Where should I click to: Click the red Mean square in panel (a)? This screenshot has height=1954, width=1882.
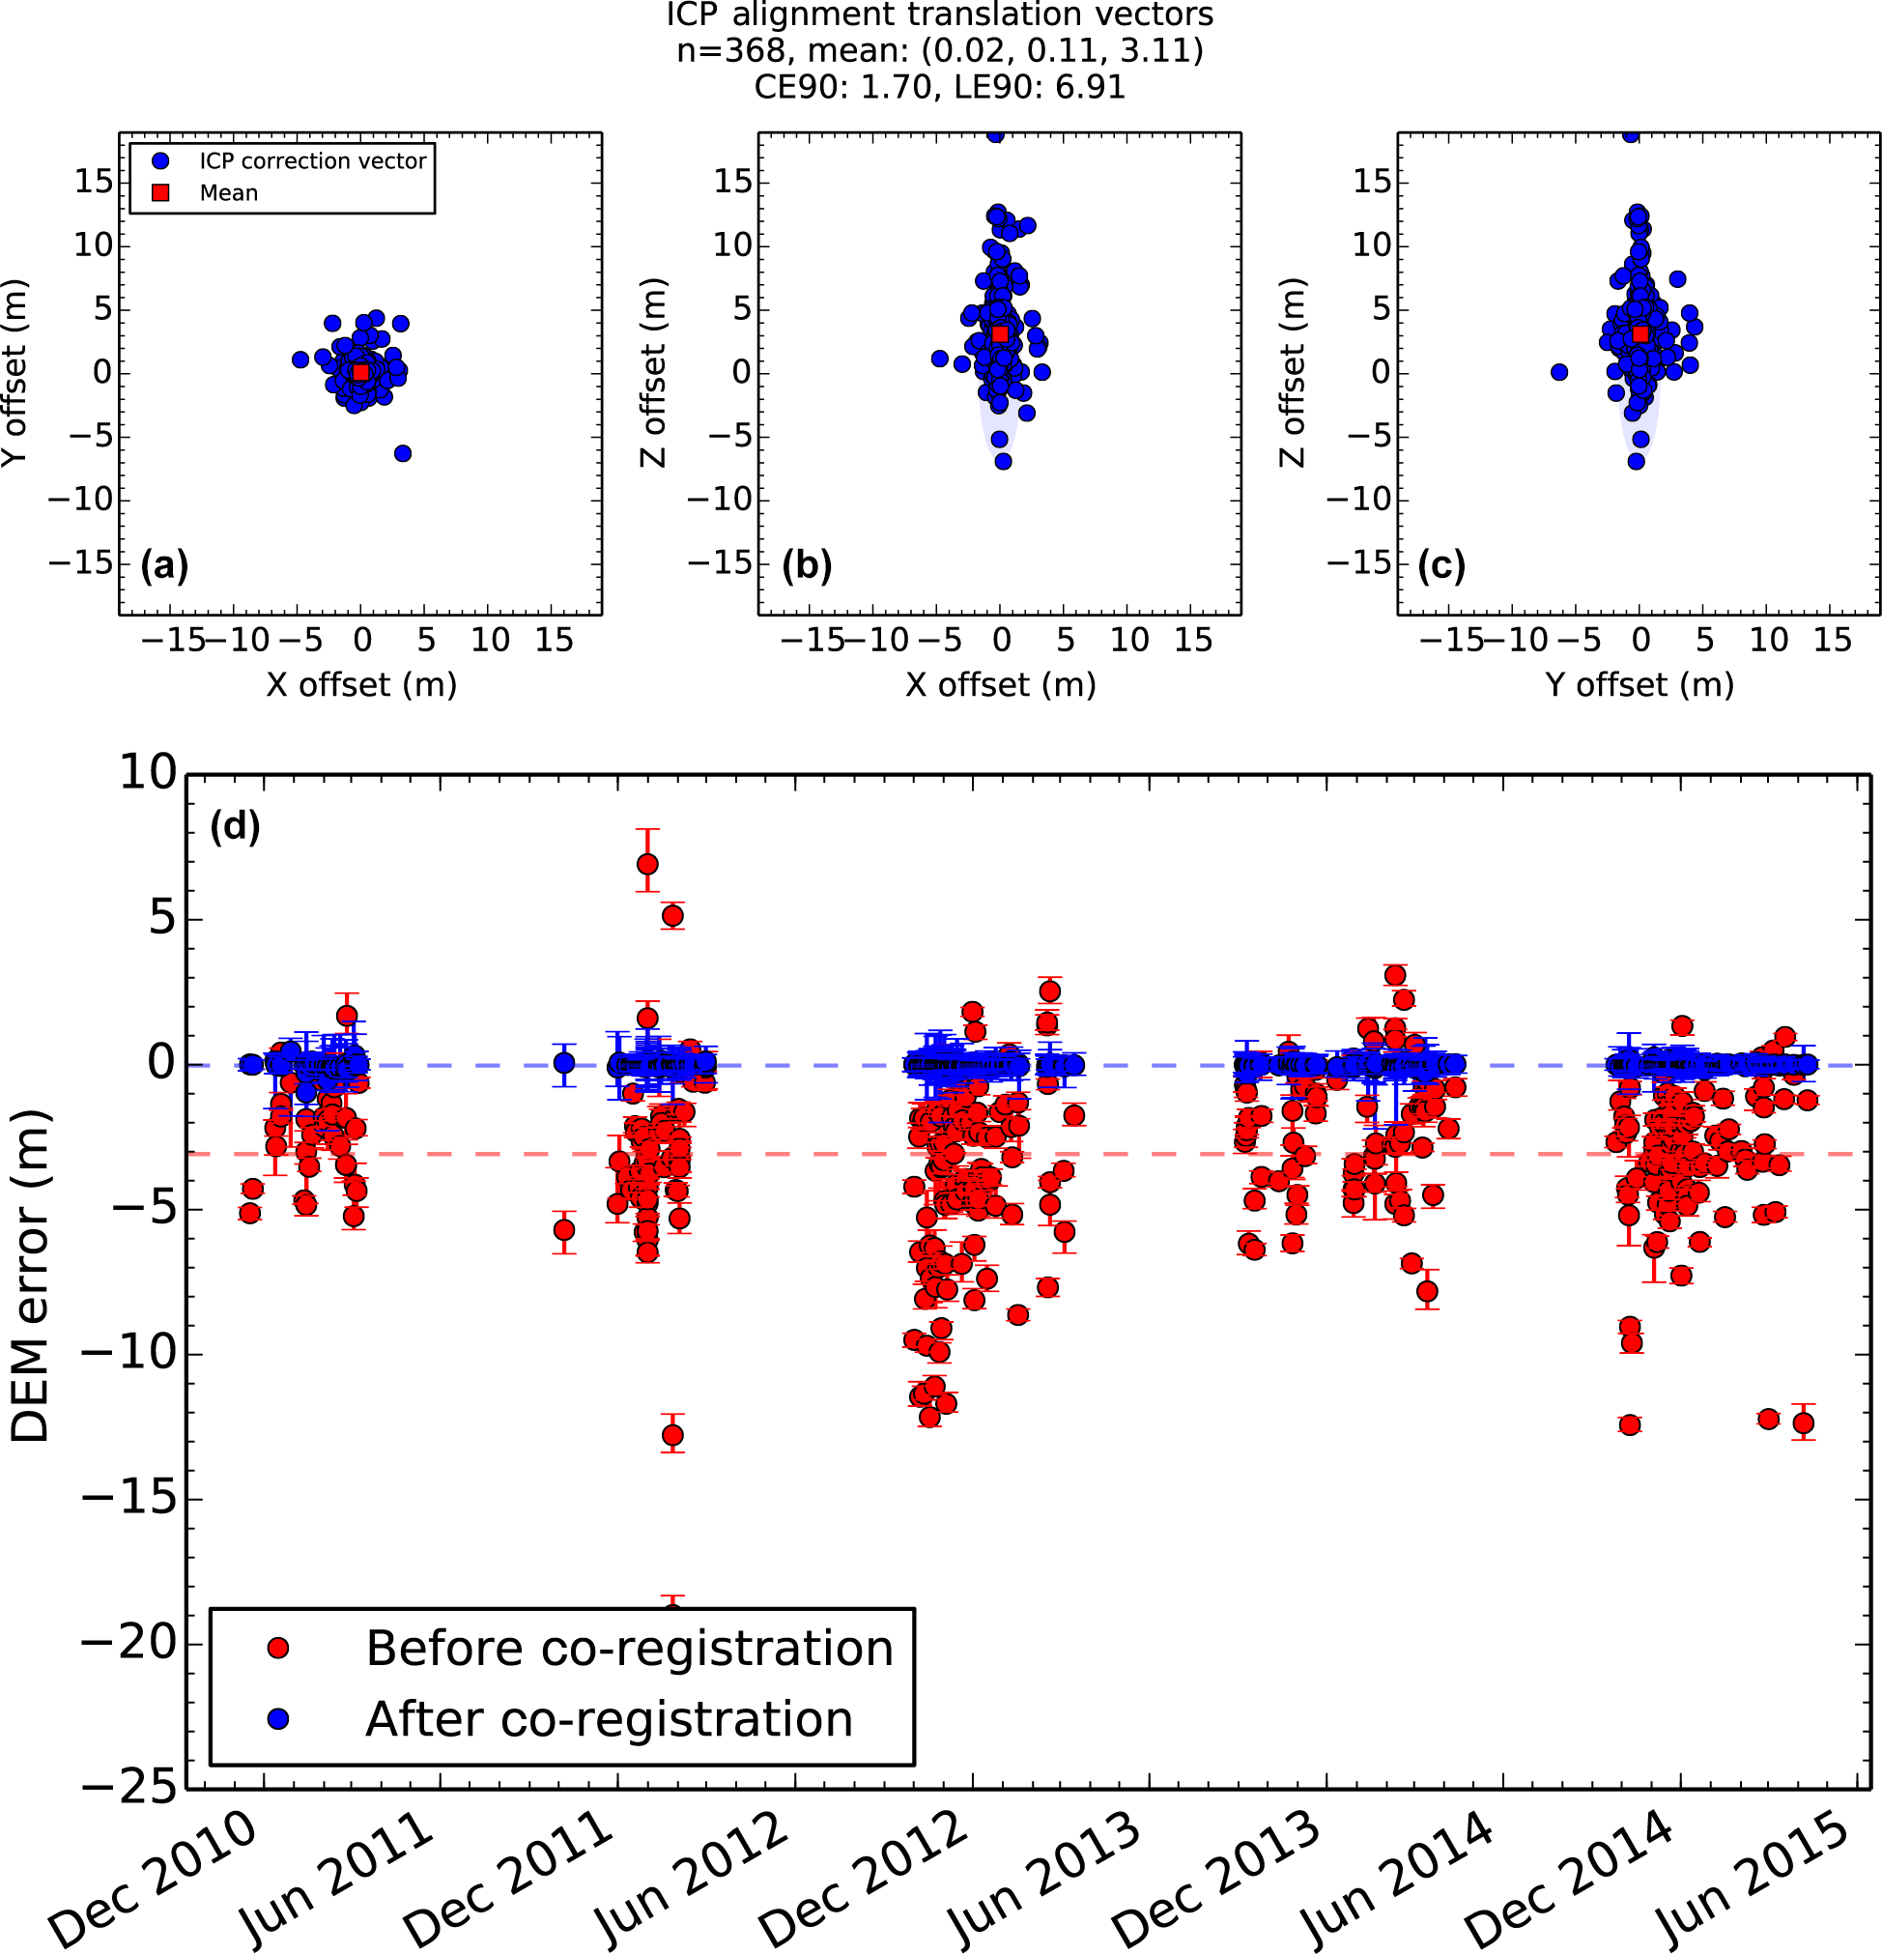(x=361, y=372)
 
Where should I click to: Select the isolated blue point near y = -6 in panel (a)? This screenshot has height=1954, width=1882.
(x=403, y=453)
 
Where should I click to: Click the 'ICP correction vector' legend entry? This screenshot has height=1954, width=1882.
(x=312, y=161)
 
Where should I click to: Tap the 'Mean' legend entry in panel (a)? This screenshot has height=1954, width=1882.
(x=228, y=193)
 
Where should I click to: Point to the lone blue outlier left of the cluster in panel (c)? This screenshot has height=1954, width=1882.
(x=1559, y=372)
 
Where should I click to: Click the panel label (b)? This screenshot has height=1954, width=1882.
(x=807, y=565)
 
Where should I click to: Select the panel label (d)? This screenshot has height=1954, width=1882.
(x=236, y=826)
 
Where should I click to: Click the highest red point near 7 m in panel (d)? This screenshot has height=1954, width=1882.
(x=647, y=864)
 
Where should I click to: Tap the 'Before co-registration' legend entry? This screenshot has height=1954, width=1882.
(x=628, y=1649)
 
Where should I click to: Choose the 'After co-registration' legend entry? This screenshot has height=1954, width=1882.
(x=608, y=1720)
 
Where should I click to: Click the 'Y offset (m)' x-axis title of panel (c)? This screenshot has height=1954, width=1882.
(x=1640, y=685)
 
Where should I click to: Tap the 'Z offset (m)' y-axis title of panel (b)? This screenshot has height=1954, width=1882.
(x=652, y=372)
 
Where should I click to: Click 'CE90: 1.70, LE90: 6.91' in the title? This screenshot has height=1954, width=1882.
(x=940, y=87)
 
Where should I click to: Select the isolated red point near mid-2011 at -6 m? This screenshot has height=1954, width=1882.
(x=564, y=1230)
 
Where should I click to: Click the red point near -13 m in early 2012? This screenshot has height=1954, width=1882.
(x=672, y=1436)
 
